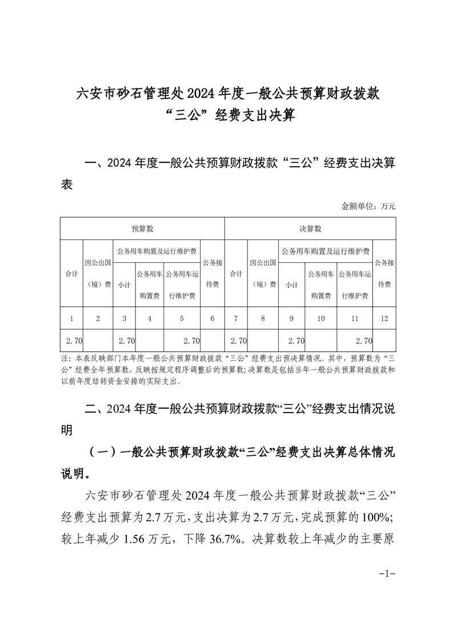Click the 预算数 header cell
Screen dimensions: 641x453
pos(142,229)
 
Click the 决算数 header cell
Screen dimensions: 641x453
pos(310,229)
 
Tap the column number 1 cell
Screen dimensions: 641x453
pos(71,319)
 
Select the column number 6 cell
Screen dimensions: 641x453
pos(212,319)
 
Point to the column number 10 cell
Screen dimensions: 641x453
pos(321,319)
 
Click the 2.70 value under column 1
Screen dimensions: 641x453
pos(74,341)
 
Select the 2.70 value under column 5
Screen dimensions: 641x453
pos(191,341)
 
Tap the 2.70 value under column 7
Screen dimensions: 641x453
pos(238,341)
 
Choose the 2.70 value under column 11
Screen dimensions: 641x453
pos(363,341)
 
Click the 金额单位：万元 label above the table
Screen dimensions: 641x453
pos(368,206)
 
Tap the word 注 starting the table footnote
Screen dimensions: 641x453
pos(63,359)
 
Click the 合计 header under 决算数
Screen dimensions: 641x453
pos(236,274)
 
